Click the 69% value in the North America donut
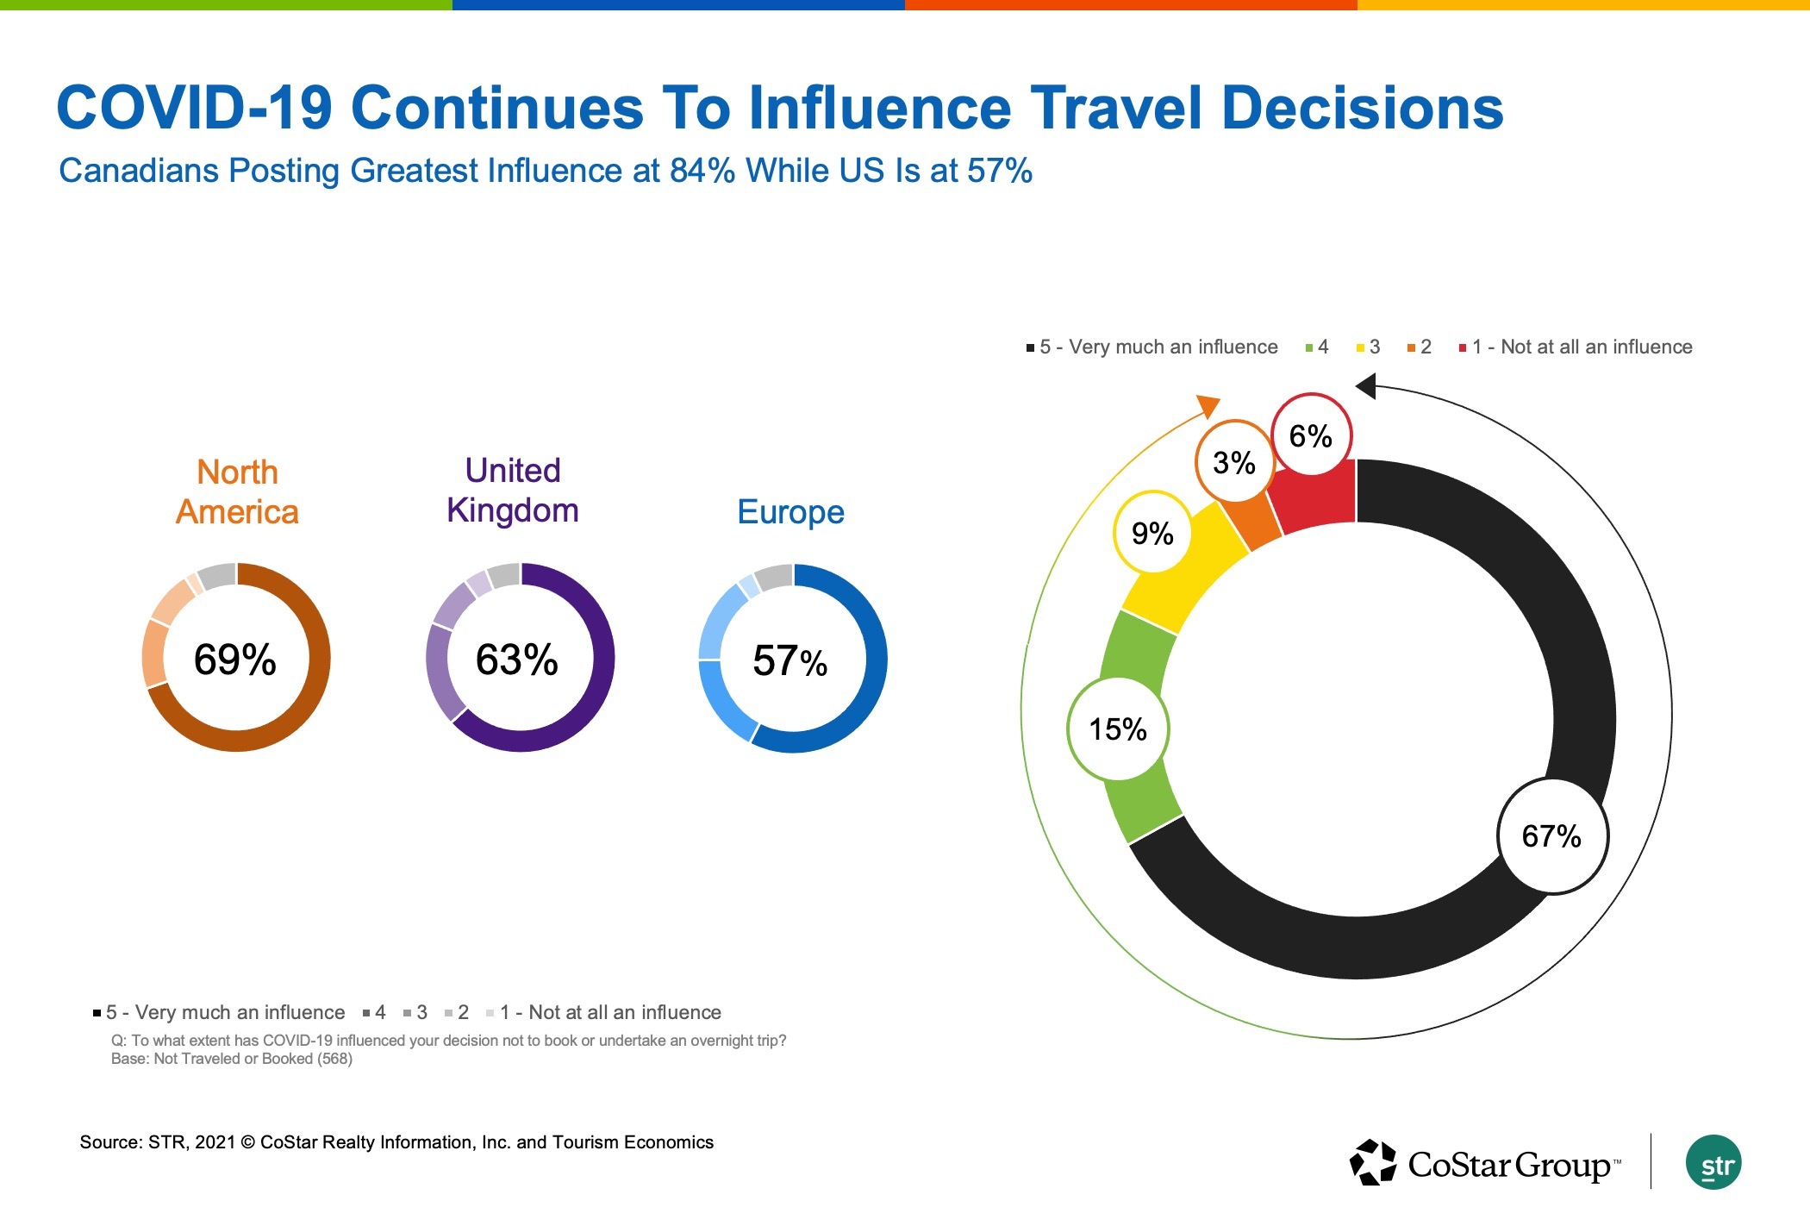pyautogui.click(x=234, y=660)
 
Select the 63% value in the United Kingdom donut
pyautogui.click(x=516, y=660)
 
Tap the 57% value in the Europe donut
pyautogui.click(x=790, y=661)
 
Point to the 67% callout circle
pyautogui.click(x=1551, y=836)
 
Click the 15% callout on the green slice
pyautogui.click(x=1118, y=729)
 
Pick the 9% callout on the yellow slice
pyautogui.click(x=1152, y=534)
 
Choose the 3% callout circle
pyautogui.click(x=1233, y=463)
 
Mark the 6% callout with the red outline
pyautogui.click(x=1310, y=436)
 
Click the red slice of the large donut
pyautogui.click(x=1319, y=500)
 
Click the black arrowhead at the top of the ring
pyautogui.click(x=1367, y=385)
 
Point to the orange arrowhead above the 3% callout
pyautogui.click(x=1209, y=405)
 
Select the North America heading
pyautogui.click(x=237, y=492)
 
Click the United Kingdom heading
pyautogui.click(x=513, y=491)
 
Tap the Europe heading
pyautogui.click(x=790, y=512)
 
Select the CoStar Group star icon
pyautogui.click(x=1373, y=1163)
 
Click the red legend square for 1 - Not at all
pyautogui.click(x=1463, y=348)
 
